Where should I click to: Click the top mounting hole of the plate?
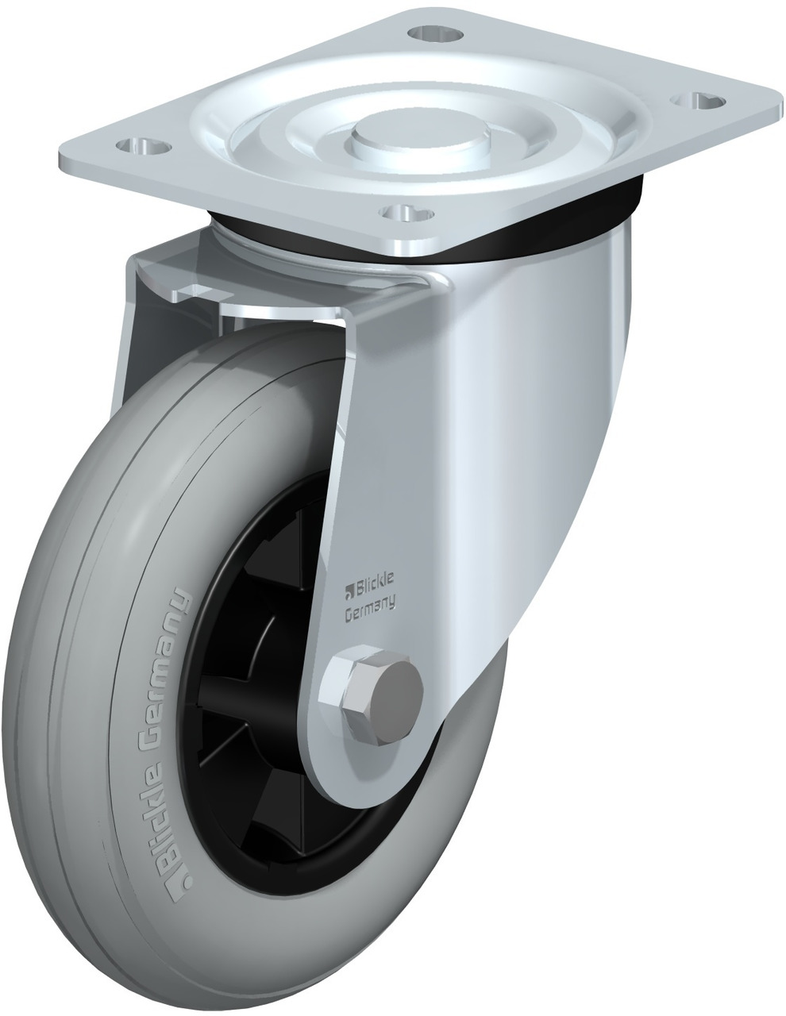tap(435, 33)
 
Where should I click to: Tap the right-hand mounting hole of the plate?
tap(699, 100)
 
